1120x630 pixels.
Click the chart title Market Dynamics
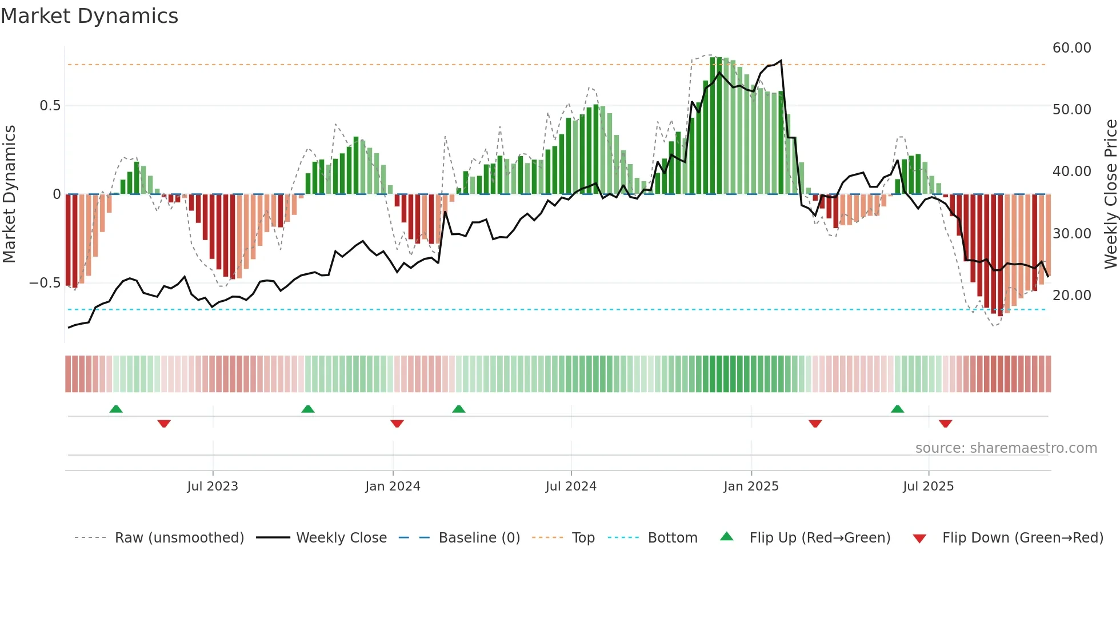(x=90, y=16)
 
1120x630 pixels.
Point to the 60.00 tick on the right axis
(x=1071, y=48)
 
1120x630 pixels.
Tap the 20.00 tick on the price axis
(x=1071, y=296)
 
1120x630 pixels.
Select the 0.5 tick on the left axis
(x=50, y=106)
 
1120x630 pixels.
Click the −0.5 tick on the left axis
(x=45, y=283)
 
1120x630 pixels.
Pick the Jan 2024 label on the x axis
(x=393, y=487)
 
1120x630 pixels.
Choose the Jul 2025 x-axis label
(x=928, y=487)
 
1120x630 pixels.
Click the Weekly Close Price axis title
(x=1110, y=194)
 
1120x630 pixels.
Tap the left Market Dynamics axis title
(x=10, y=194)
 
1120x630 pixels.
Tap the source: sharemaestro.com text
(x=1006, y=448)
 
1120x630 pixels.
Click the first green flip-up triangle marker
(x=116, y=409)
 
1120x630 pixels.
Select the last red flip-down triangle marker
(x=945, y=424)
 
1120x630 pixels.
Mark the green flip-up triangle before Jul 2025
(x=897, y=409)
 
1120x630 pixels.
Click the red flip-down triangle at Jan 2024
(x=397, y=424)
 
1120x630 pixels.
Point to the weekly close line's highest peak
(x=781, y=61)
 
